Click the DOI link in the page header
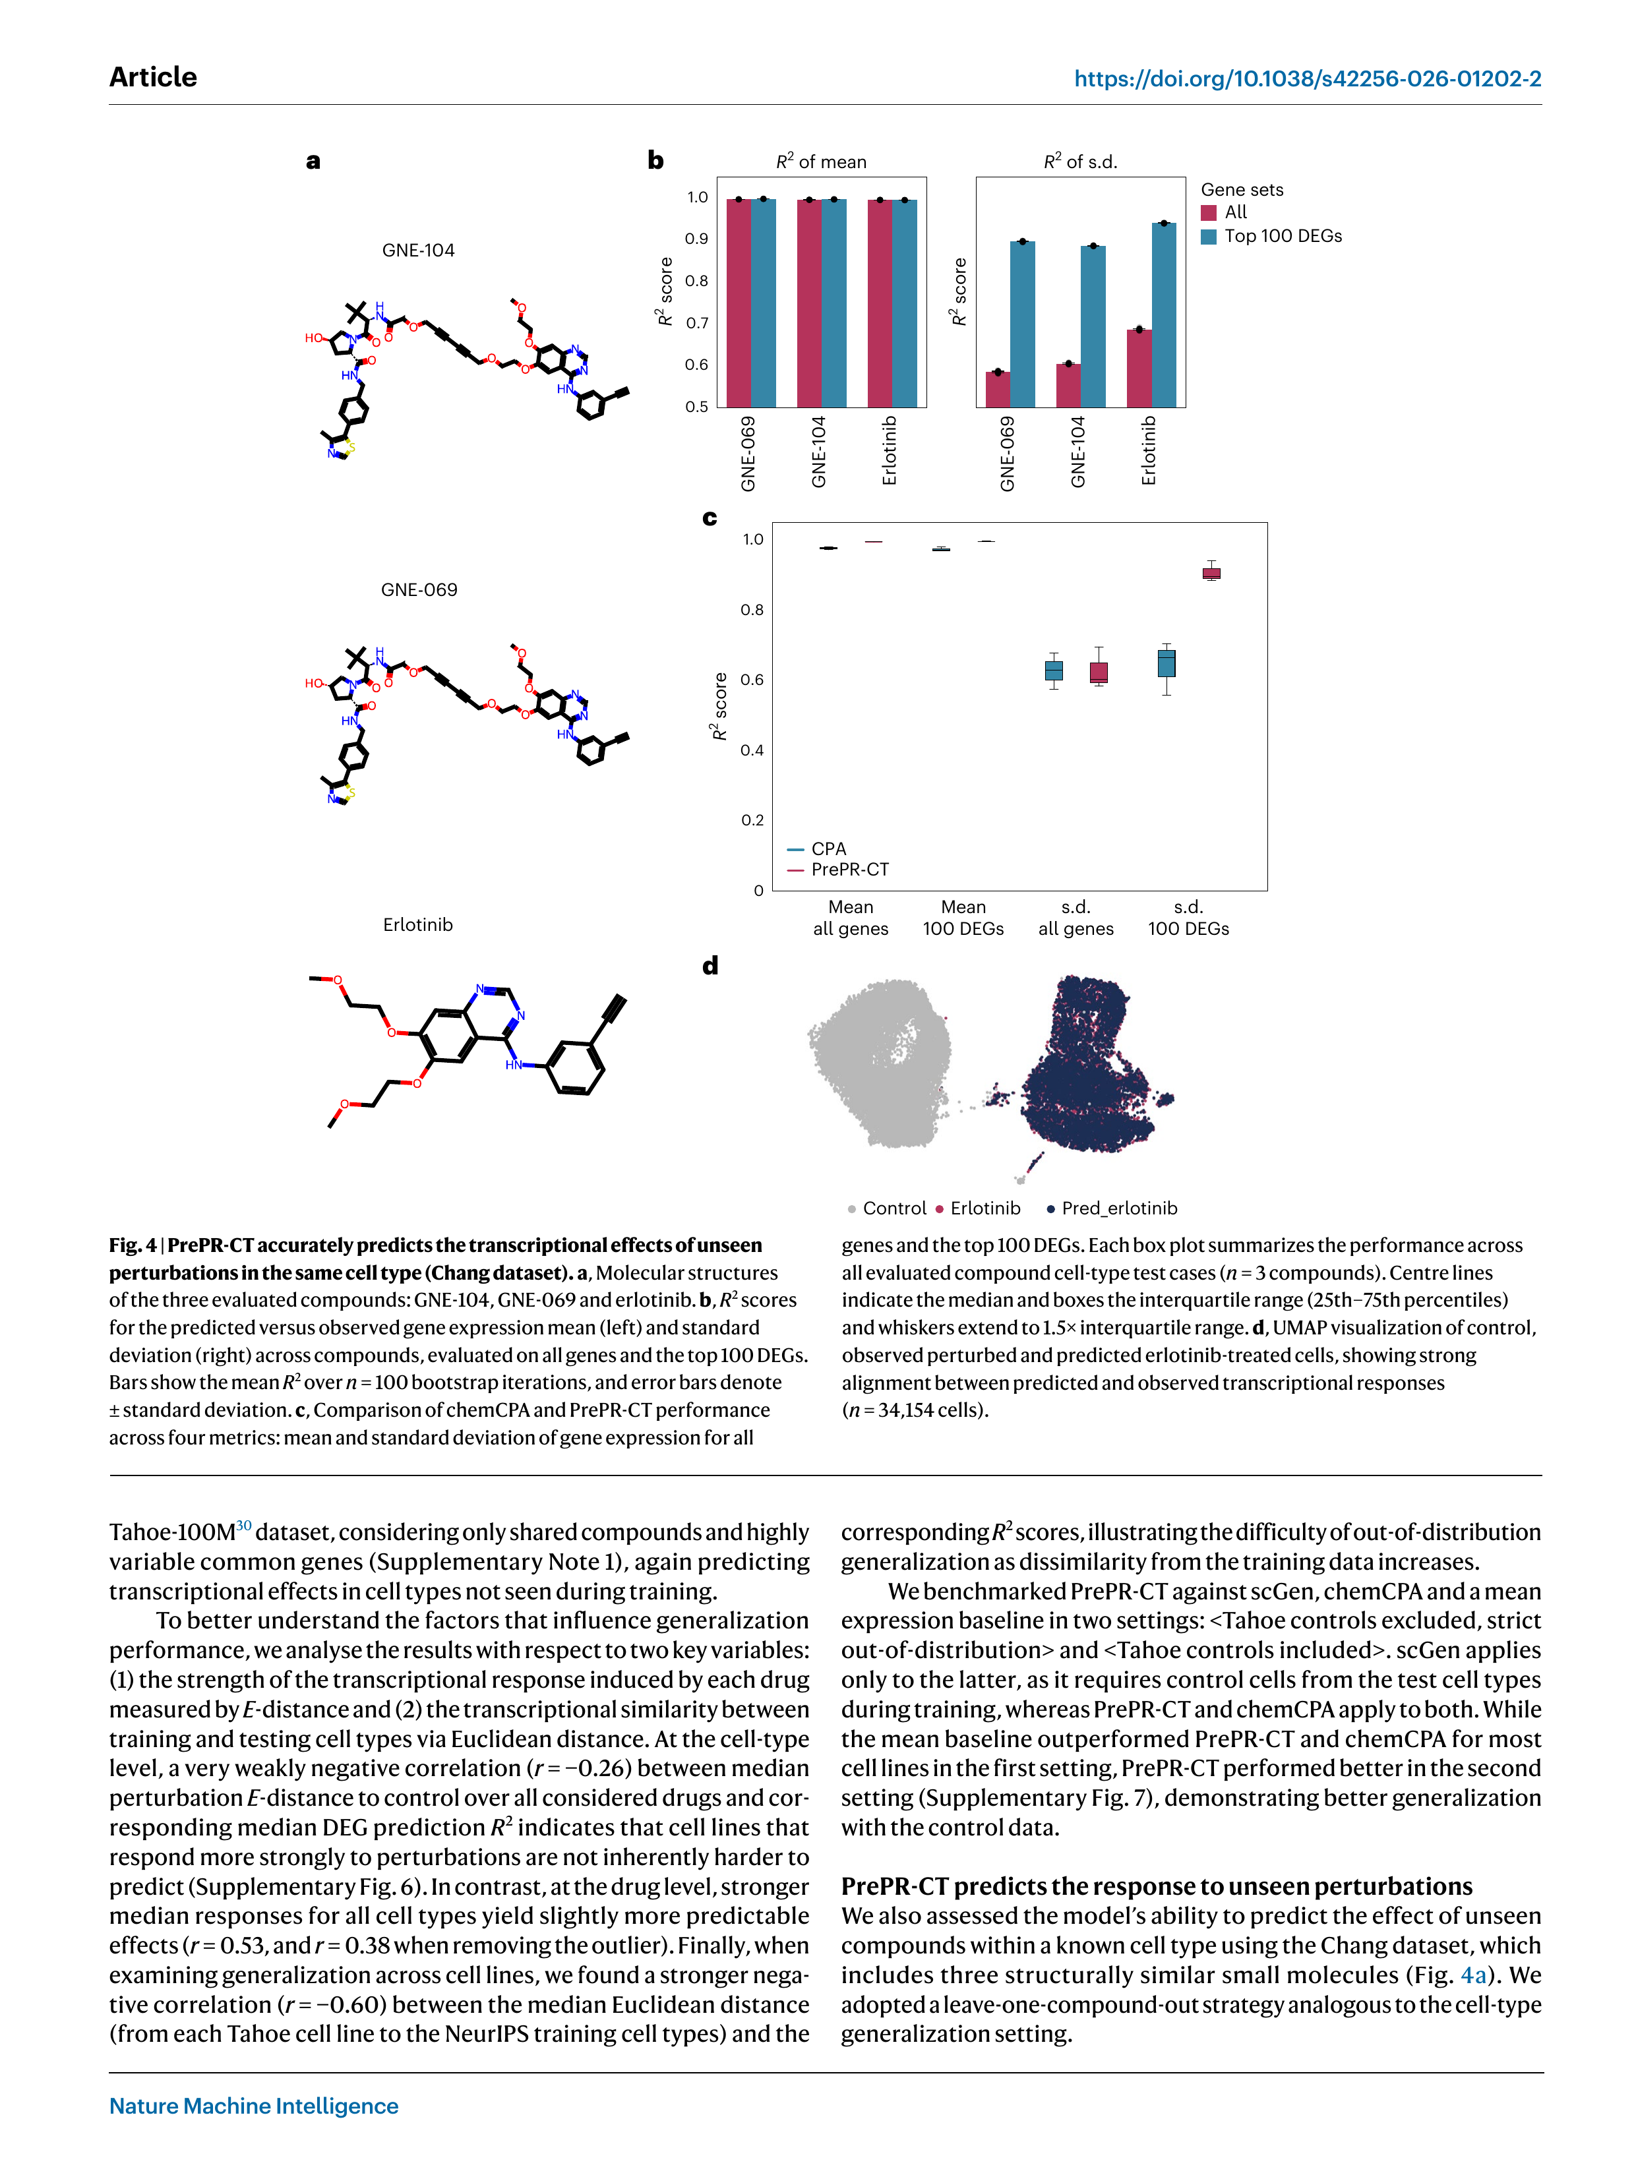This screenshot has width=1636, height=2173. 1307,78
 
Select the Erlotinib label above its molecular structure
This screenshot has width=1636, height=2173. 417,924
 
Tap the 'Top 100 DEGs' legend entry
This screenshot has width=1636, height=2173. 1283,236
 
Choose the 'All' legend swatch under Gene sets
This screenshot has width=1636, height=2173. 1209,212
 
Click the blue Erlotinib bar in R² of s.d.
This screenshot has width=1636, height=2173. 1163,314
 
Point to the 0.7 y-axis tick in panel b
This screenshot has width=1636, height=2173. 696,322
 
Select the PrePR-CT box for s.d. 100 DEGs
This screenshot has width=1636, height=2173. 1211,573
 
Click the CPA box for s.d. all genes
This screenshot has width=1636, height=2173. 1053,670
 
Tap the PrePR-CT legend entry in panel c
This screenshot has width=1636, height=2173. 849,870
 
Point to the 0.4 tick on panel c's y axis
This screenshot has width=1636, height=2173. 752,750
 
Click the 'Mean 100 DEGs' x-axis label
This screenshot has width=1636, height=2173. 963,918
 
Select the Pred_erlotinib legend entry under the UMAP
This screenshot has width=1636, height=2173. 1118,1208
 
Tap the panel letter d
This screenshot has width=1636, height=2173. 710,966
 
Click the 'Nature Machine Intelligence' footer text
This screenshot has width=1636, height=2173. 253,2105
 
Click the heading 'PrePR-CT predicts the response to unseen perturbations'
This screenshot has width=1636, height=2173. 1157,1886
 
